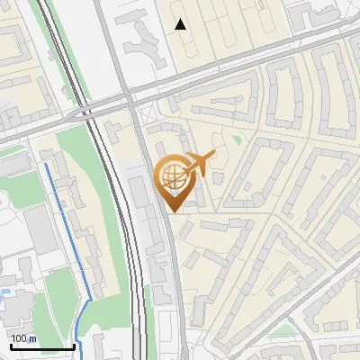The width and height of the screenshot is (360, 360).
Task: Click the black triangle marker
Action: [x=181, y=24]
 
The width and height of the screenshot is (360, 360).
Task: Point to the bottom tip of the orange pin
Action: [x=172, y=212]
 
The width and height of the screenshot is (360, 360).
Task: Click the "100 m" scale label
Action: [x=23, y=338]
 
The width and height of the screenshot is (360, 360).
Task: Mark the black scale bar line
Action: [x=42, y=346]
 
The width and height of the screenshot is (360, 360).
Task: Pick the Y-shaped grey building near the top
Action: [x=144, y=40]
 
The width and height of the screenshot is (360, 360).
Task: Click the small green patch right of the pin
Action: [x=237, y=139]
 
